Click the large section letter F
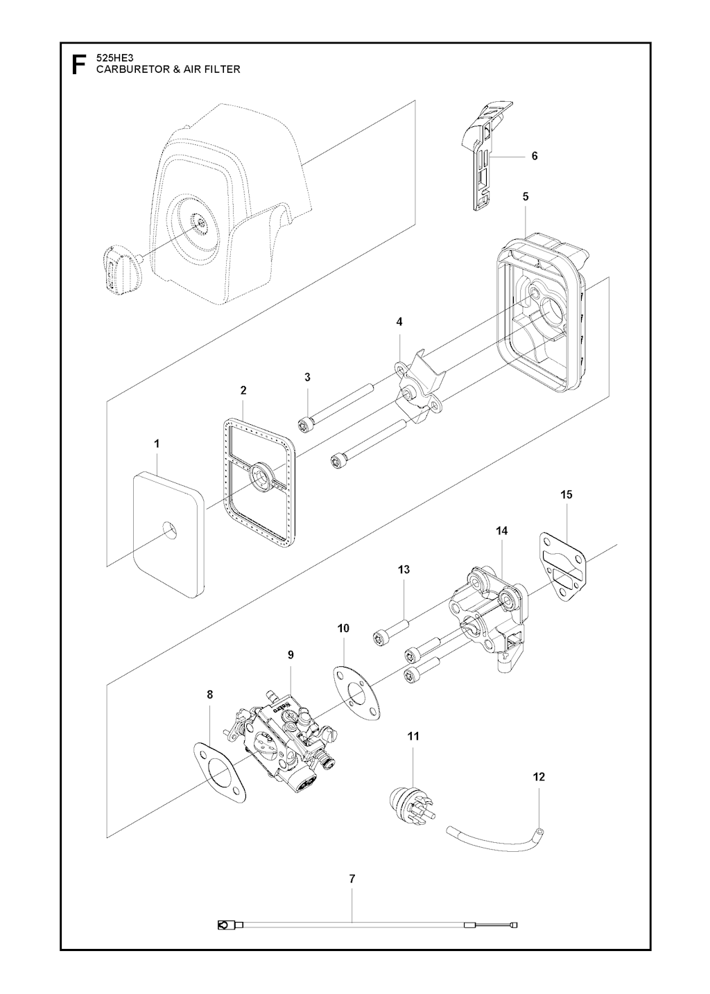point(78,64)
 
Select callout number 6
point(535,156)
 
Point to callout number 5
point(526,197)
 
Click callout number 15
point(566,494)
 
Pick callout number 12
point(539,776)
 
